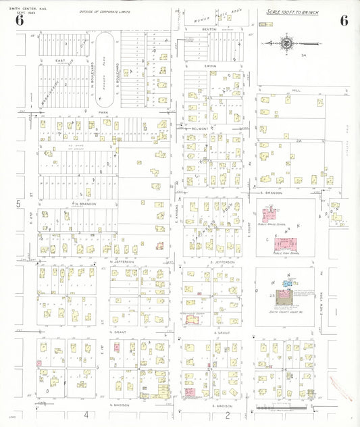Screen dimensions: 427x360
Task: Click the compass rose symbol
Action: click(286, 43)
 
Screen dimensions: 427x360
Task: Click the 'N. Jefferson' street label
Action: click(122, 261)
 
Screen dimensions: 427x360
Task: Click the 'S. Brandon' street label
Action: click(270, 193)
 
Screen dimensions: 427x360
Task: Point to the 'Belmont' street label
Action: click(200, 128)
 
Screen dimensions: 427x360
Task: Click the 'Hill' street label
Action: click(295, 89)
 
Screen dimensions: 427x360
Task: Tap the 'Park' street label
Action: click(86, 112)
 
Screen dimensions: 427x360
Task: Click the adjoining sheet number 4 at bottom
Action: click(86, 414)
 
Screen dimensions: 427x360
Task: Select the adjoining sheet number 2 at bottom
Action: click(228, 415)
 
